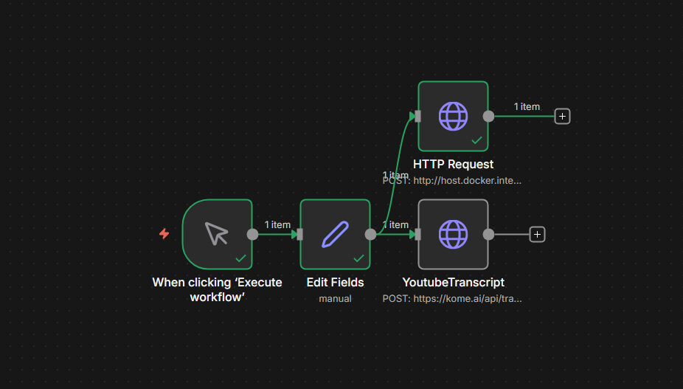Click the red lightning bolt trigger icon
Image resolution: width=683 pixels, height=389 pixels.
tap(164, 234)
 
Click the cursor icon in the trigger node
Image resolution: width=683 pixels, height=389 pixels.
tap(217, 233)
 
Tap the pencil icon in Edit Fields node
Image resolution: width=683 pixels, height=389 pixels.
tap(335, 234)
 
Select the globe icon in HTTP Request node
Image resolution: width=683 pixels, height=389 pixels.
tap(453, 116)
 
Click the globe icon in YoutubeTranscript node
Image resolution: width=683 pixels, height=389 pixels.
tap(453, 234)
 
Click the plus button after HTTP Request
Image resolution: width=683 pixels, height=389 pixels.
tap(562, 116)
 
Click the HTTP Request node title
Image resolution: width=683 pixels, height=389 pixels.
tap(453, 164)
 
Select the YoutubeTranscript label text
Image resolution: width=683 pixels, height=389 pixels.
tap(453, 282)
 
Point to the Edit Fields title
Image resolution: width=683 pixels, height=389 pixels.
tap(335, 282)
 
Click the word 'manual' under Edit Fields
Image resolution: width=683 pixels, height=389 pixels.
tap(335, 299)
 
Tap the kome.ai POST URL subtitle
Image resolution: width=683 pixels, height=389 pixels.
tap(452, 299)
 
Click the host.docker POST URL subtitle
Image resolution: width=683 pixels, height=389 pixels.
tap(452, 180)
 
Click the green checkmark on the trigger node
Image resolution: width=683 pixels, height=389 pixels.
tap(240, 258)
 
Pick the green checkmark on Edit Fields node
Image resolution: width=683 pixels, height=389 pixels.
tap(358, 258)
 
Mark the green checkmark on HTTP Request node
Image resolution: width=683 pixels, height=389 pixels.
tap(476, 140)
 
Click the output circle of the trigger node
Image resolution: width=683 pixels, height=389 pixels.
tap(252, 234)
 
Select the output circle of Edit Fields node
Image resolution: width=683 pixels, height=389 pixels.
tap(370, 234)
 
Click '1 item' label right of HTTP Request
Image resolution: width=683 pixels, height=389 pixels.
tap(527, 106)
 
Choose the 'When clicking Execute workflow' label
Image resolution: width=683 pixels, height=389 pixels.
tap(217, 289)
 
